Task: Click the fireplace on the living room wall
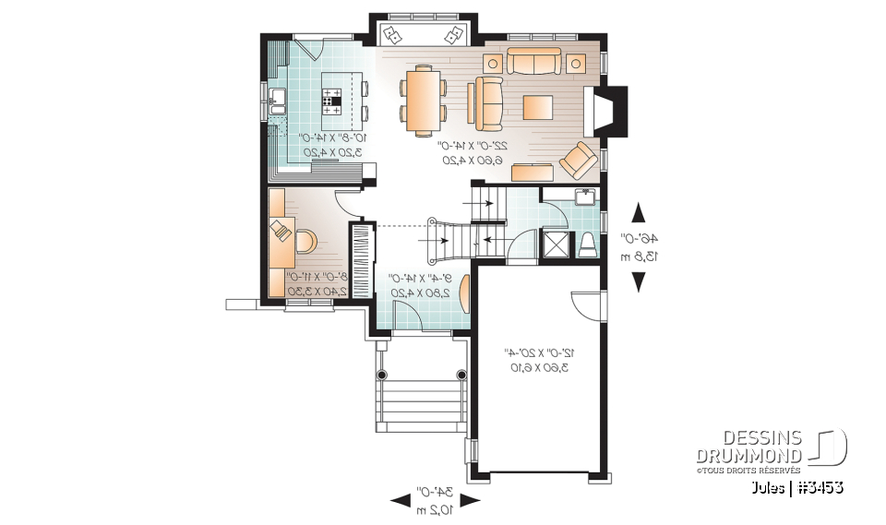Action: (608, 110)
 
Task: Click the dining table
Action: (424, 101)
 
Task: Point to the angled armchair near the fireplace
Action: (579, 159)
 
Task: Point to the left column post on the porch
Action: (383, 375)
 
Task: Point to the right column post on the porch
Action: (461, 375)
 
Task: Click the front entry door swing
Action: (410, 314)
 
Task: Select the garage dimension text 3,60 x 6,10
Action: (537, 367)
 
